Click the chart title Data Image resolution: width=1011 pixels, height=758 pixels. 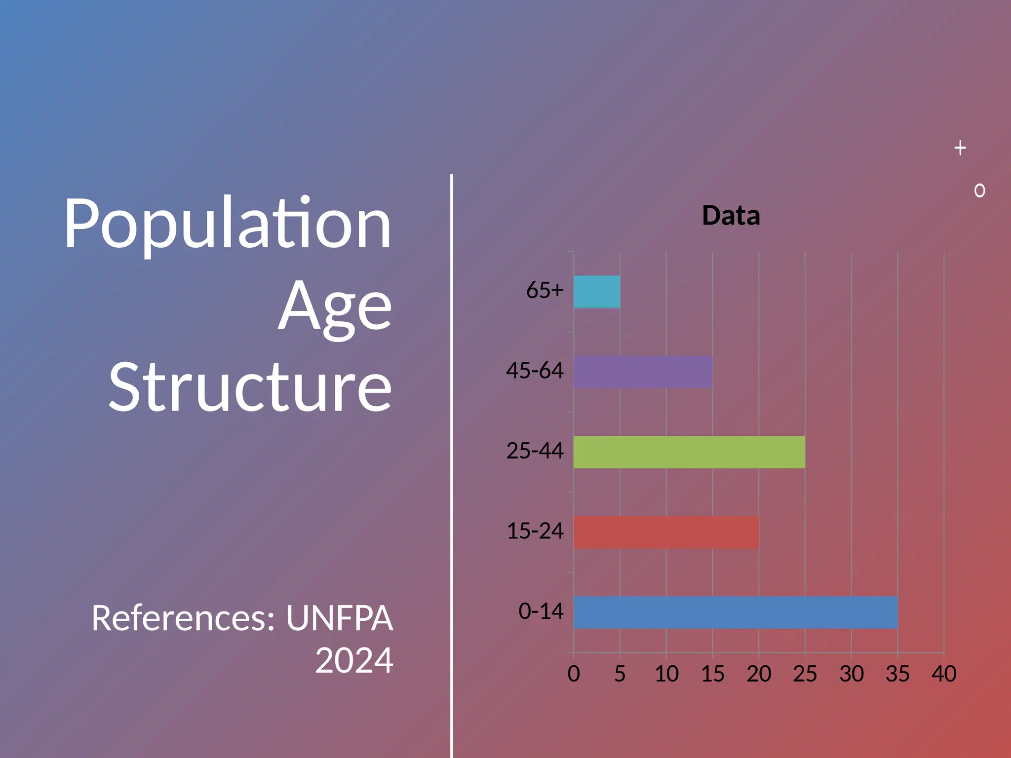[x=731, y=216]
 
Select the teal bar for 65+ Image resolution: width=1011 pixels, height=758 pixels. [x=596, y=292]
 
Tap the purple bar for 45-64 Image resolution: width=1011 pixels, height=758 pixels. [x=643, y=372]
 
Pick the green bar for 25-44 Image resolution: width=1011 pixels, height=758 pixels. [x=689, y=452]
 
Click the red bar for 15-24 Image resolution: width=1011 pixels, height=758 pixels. [x=665, y=532]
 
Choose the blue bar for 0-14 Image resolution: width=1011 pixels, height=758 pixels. [x=735, y=612]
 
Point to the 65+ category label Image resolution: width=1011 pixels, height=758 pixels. [x=544, y=290]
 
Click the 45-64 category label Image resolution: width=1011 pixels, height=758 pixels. [x=535, y=371]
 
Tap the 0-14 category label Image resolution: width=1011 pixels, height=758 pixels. [x=541, y=611]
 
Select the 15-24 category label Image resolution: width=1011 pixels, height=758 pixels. [x=535, y=531]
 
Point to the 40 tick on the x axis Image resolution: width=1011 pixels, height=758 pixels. [x=944, y=674]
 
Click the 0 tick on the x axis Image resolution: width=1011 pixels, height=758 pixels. [x=574, y=674]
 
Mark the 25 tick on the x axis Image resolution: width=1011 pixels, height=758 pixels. [x=805, y=674]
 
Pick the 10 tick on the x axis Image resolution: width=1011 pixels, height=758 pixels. [x=666, y=674]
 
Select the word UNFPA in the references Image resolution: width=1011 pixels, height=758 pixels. [x=339, y=618]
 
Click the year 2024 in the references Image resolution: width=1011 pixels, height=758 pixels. [x=354, y=661]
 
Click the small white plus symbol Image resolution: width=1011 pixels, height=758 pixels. [x=960, y=148]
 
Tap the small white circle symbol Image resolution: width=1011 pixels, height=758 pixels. [x=980, y=190]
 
